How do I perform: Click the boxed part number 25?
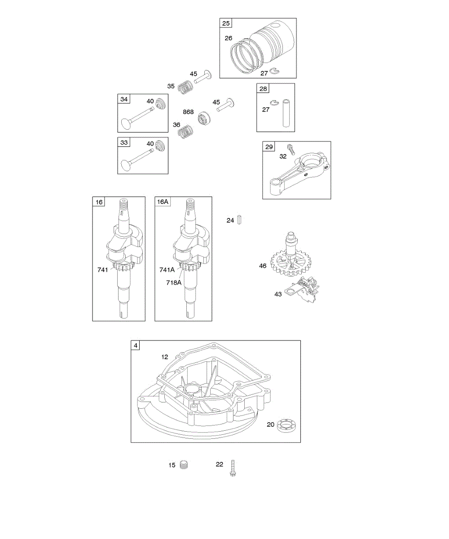coord(226,23)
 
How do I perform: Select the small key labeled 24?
coord(240,220)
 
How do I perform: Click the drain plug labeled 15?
coord(183,465)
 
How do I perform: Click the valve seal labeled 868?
coord(203,119)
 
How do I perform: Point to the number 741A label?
coord(167,270)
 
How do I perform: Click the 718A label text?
coord(174,283)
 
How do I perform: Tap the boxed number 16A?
coord(163,202)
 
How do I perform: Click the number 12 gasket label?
coord(165,357)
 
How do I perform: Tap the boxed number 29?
coord(269,147)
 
